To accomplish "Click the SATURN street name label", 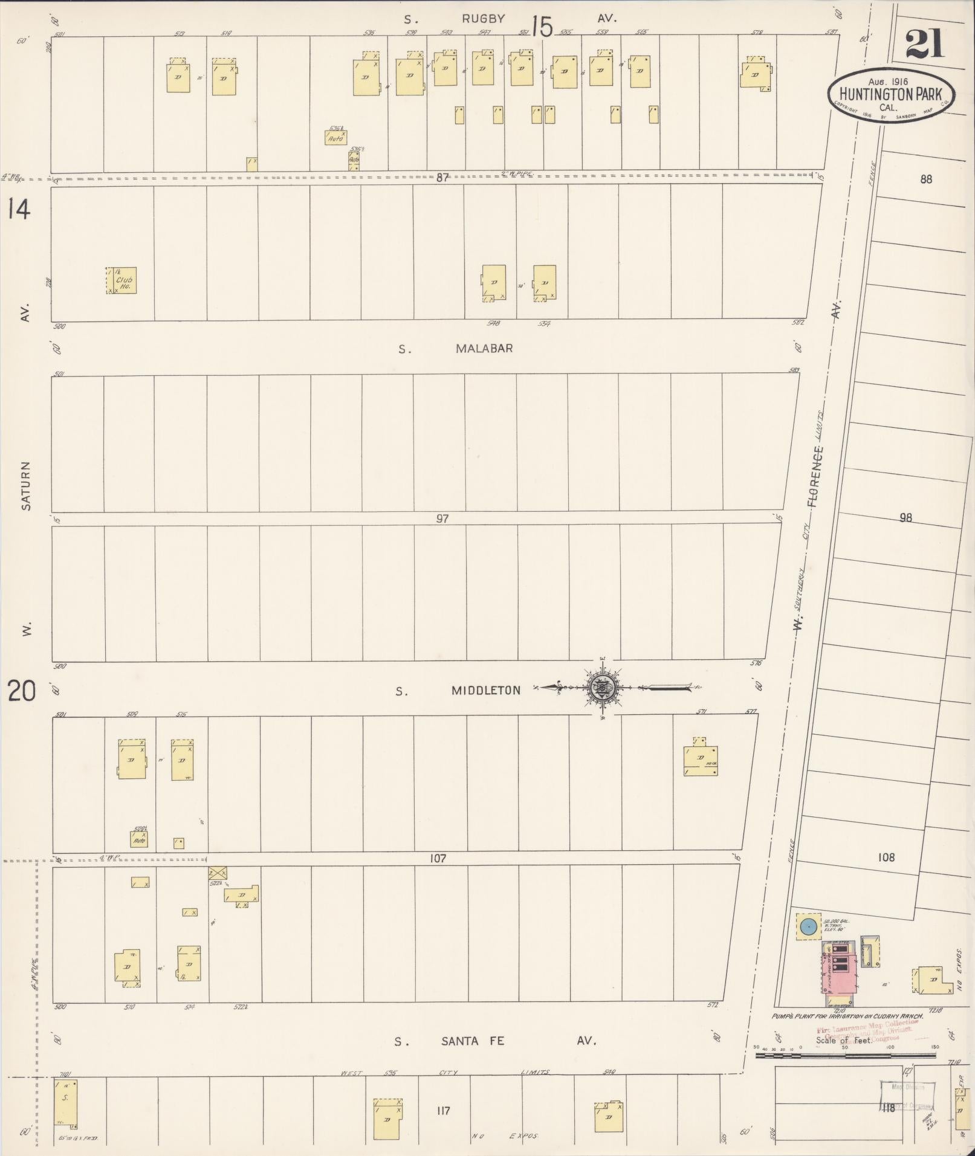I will pyautogui.click(x=25, y=486).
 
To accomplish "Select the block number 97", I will pyautogui.click(x=442, y=518).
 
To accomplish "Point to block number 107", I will pyautogui.click(x=438, y=858).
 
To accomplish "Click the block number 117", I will pyautogui.click(x=442, y=1111).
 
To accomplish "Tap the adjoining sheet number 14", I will pyautogui.click(x=18, y=210).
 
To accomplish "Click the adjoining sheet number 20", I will pyautogui.click(x=21, y=691).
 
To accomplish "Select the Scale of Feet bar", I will pyautogui.click(x=845, y=1055).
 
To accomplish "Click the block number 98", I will pyautogui.click(x=905, y=517).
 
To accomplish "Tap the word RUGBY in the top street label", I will pyautogui.click(x=483, y=19).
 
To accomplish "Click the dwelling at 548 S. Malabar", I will pyautogui.click(x=494, y=283).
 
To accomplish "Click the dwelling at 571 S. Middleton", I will pyautogui.click(x=700, y=760).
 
